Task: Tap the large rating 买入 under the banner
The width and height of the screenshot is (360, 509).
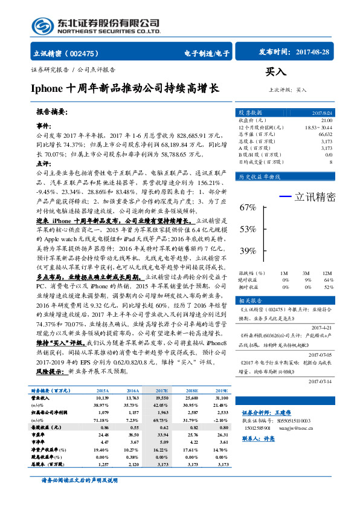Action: (276, 72)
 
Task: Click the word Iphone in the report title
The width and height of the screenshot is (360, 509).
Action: (48, 88)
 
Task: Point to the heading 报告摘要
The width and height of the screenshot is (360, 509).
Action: (52, 112)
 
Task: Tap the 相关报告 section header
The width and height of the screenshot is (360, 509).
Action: (250, 300)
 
